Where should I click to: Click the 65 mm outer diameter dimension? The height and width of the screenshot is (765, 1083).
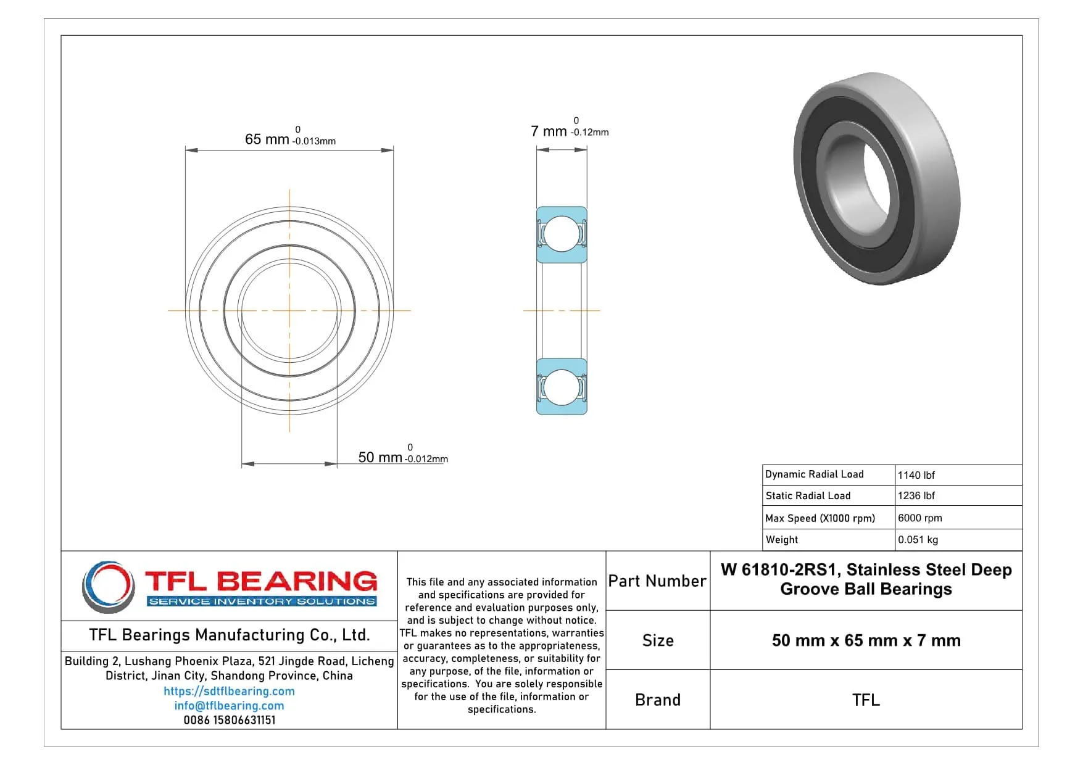267,139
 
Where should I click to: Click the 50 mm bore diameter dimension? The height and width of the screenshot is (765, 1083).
380,457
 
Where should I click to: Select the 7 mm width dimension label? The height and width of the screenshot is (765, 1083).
549,131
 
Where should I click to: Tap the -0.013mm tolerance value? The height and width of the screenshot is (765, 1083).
314,141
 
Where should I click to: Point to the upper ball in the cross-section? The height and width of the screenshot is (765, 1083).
562,234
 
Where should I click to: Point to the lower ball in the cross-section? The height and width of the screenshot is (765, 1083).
562,387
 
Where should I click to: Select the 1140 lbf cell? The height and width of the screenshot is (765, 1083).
916,475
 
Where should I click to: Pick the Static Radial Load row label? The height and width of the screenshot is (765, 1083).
808,495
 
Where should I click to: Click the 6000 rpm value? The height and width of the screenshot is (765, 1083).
919,518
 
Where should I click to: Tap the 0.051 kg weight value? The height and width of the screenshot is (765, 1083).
918,539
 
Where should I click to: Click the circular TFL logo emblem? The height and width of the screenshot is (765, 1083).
109,586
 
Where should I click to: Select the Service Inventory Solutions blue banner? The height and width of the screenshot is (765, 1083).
262,602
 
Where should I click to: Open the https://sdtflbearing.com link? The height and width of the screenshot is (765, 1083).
229,692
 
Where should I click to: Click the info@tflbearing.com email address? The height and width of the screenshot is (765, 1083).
229,706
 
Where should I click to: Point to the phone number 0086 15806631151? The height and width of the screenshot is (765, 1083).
229,720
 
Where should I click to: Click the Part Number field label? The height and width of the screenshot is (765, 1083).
657,581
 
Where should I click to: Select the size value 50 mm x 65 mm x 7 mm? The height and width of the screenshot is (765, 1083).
866,640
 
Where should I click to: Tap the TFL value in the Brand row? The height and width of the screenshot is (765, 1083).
866,700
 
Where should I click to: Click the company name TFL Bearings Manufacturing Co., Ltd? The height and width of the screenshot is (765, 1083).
229,635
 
